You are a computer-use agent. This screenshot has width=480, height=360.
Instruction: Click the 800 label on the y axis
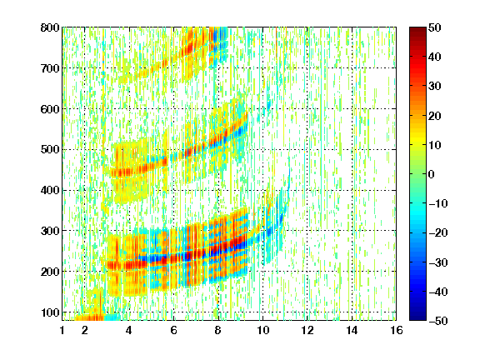pyautogui.click(x=50, y=27)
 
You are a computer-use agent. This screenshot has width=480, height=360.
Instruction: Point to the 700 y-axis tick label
pyautogui.click(x=50, y=68)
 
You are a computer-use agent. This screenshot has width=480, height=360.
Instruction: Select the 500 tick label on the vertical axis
pyautogui.click(x=50, y=149)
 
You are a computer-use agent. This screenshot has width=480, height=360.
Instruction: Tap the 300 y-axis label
pyautogui.click(x=50, y=231)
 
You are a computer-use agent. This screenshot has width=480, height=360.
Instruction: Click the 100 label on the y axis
pyautogui.click(x=50, y=312)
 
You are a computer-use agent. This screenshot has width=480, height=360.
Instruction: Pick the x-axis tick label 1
pyautogui.click(x=62, y=330)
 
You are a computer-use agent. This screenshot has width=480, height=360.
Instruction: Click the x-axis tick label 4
pyautogui.click(x=129, y=330)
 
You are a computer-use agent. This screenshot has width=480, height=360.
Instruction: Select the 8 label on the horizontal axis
pyautogui.click(x=217, y=330)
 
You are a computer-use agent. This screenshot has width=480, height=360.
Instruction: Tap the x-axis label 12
pyautogui.click(x=307, y=330)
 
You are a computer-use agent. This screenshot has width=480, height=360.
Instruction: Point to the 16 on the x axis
pyautogui.click(x=396, y=330)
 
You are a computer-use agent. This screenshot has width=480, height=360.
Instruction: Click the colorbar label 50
pyautogui.click(x=434, y=27)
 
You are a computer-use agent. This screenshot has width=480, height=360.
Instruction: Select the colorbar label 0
pyautogui.click(x=432, y=174)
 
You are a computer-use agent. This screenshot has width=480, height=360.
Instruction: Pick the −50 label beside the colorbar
pyautogui.click(x=438, y=321)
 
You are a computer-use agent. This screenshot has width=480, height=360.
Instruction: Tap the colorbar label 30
pyautogui.click(x=434, y=86)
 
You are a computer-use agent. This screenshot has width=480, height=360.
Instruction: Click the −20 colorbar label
pyautogui.click(x=438, y=232)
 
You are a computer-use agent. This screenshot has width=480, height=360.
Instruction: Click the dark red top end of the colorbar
pyautogui.click(x=417, y=29)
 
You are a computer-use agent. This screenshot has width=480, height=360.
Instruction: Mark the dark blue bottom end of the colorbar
pyautogui.click(x=417, y=318)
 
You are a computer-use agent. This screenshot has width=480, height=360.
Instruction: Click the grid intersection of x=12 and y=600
pyautogui.click(x=307, y=108)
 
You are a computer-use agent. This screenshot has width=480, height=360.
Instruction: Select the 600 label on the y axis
pyautogui.click(x=50, y=108)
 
